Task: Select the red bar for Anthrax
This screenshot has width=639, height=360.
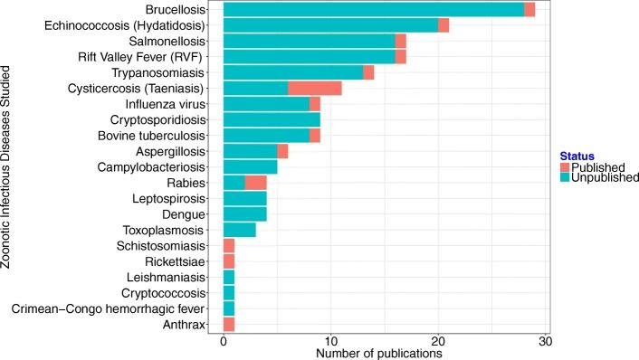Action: pos(228,325)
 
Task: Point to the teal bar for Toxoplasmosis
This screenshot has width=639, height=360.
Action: pos(239,230)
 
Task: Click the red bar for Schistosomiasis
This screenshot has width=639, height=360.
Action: pos(228,245)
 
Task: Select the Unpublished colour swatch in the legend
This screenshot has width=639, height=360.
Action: pos(567,179)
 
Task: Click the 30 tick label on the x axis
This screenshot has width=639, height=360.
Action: pos(544,343)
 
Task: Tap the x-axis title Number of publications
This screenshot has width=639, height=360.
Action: pos(378,354)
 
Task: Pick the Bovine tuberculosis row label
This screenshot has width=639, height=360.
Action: pos(154,136)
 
